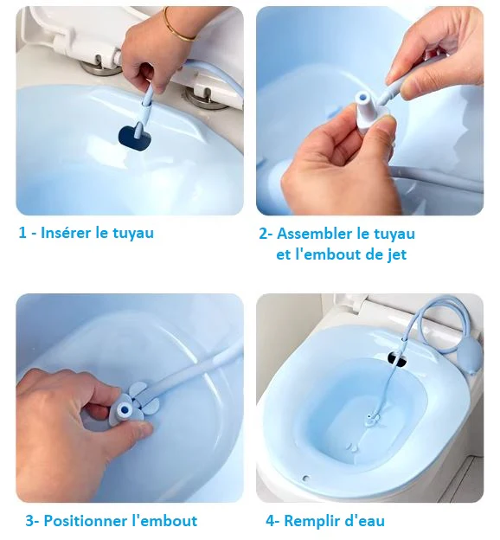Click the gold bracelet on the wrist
coord(180,28)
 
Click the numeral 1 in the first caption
coord(23,233)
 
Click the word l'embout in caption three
coord(163,521)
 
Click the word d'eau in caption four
coord(366,521)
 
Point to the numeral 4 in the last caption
coord(270,521)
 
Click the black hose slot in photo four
coord(397,357)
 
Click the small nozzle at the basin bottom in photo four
coord(372,421)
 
